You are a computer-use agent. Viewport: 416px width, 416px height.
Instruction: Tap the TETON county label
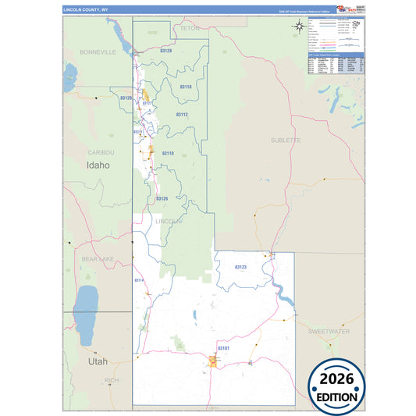(190, 28)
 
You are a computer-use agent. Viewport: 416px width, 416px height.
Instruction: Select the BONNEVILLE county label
(98, 52)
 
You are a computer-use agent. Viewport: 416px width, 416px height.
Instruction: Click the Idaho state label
(98, 165)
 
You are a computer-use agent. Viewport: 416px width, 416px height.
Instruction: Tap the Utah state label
(98, 362)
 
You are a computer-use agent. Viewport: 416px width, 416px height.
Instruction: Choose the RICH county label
(112, 380)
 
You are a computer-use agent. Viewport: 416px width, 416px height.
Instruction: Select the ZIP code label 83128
(165, 51)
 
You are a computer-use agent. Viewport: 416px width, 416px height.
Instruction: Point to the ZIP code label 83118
(185, 87)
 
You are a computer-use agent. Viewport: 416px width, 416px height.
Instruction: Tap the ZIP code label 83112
(182, 115)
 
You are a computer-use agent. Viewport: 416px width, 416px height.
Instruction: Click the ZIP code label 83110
(168, 154)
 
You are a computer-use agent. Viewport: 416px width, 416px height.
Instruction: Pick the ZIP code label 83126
(162, 199)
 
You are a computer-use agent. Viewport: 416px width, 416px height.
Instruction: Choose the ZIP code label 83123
(240, 268)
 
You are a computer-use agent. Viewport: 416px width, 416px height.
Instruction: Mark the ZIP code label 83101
(223, 347)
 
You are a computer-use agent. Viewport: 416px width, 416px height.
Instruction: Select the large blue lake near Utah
(85, 308)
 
